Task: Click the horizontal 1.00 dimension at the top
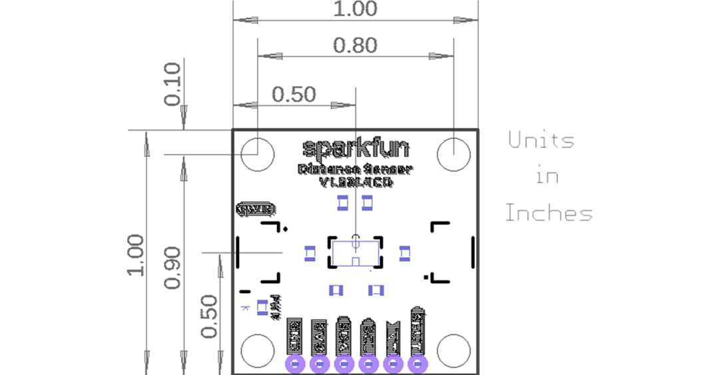(x=355, y=9)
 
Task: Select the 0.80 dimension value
(x=355, y=45)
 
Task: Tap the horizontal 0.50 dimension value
(x=294, y=95)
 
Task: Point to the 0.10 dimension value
(x=172, y=84)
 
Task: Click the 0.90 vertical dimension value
(x=172, y=267)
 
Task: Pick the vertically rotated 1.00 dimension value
(x=136, y=255)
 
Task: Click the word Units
(x=541, y=141)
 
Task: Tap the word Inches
(x=549, y=214)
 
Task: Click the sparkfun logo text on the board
(x=356, y=147)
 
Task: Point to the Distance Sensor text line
(x=356, y=169)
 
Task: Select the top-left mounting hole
(x=257, y=155)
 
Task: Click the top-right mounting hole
(x=453, y=155)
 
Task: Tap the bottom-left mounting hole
(x=257, y=350)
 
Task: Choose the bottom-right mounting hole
(x=453, y=350)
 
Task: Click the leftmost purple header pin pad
(x=295, y=364)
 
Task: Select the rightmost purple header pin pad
(x=417, y=364)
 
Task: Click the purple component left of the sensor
(x=310, y=253)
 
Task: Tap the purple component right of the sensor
(x=404, y=253)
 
